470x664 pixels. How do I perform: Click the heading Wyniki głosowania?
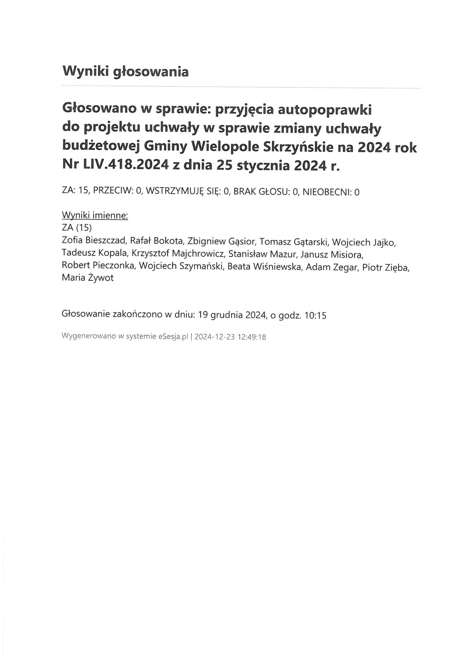click(125, 72)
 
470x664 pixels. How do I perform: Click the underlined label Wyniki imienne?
click(94, 215)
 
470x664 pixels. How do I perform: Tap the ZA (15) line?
click(76, 228)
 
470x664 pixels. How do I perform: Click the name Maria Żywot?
click(87, 279)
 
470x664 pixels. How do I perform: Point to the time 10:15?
click(315, 316)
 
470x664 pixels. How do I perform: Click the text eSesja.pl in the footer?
click(173, 337)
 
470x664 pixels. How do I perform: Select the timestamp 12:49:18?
click(252, 337)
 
